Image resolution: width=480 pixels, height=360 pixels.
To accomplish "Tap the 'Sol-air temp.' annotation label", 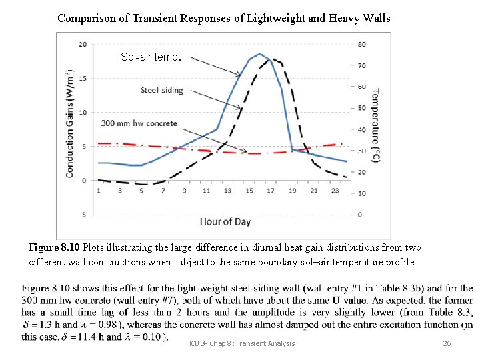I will click(x=151, y=57).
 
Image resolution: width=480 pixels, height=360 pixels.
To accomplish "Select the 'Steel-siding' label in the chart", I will click(x=163, y=90).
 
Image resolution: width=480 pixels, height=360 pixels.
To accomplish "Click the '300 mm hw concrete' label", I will click(x=139, y=123).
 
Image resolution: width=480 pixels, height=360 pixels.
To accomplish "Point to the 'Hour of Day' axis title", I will click(x=225, y=221).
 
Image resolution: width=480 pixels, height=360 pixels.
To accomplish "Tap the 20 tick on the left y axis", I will click(x=83, y=45).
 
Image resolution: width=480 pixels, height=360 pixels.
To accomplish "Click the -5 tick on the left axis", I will click(x=83, y=215).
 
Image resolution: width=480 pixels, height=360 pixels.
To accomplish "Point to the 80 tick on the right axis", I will click(x=360, y=45).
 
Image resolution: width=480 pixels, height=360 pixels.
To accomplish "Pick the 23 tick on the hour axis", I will click(x=335, y=191).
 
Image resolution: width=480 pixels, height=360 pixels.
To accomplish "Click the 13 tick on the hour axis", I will click(x=227, y=191).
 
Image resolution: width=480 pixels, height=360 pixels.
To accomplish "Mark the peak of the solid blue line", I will click(x=259, y=54).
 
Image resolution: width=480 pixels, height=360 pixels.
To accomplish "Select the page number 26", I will click(x=447, y=343).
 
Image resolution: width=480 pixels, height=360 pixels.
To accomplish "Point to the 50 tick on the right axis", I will click(x=360, y=108).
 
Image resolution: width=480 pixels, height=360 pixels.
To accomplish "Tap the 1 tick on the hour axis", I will click(x=99, y=191).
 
